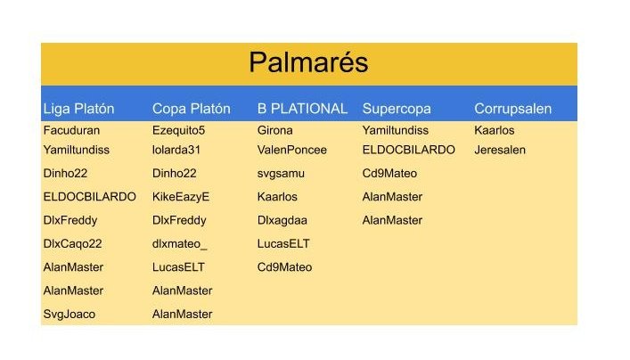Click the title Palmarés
point(308,62)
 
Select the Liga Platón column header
point(78,109)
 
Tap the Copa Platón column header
point(192,109)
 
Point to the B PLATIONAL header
point(302,109)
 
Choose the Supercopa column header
point(397,109)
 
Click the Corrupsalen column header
point(512,109)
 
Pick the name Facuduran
point(71,130)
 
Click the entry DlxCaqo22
point(73,244)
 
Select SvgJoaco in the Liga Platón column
point(70,315)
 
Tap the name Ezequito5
point(179,131)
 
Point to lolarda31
point(176,150)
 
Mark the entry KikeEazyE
point(181,197)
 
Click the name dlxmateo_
point(180,244)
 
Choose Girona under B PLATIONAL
point(275,130)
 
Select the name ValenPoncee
point(292,150)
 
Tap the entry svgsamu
point(281,174)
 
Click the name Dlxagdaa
point(282,221)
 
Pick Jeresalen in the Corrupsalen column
point(500,150)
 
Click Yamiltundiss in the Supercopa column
point(396,130)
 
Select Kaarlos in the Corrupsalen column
point(495,130)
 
